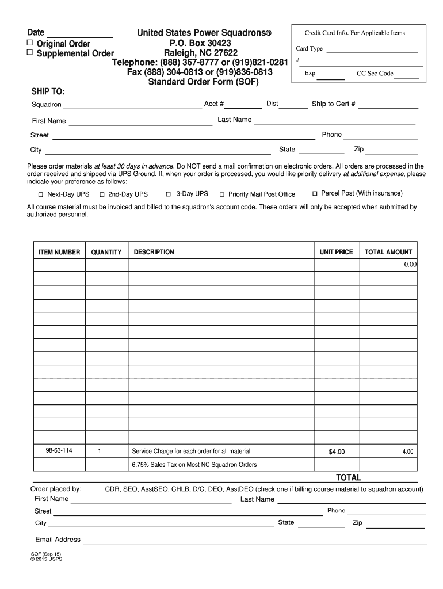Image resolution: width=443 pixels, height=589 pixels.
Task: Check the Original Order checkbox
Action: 30,44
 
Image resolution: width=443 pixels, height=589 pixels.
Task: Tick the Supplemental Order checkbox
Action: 30,53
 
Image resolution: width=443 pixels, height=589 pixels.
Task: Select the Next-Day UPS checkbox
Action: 41,194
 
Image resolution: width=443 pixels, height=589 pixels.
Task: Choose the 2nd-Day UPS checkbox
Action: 102,194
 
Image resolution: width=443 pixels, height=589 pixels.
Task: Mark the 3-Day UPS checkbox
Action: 169,194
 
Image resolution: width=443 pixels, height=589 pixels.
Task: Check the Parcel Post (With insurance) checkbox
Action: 315,193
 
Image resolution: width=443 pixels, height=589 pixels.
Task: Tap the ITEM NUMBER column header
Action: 59,252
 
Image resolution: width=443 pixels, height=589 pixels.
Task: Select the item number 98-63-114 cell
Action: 59,450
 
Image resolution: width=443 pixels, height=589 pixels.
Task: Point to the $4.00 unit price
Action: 337,452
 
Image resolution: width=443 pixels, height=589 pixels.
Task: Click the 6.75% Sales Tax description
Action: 194,465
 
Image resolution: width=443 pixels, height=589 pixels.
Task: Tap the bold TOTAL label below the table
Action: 349,477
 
